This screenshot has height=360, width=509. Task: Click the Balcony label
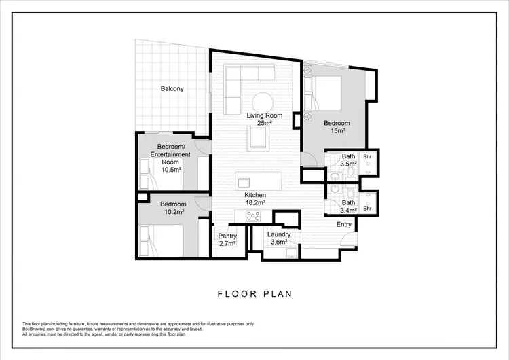click(172, 88)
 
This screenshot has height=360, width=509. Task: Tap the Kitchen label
click(255, 195)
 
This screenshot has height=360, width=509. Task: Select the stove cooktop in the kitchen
click(253, 215)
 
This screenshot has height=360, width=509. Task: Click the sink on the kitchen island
click(243, 182)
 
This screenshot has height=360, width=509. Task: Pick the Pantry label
click(227, 236)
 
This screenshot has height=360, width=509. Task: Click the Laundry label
click(279, 234)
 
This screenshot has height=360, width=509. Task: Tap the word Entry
click(344, 224)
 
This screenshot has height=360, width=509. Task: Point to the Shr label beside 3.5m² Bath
click(367, 156)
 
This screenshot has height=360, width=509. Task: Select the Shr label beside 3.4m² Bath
click(367, 209)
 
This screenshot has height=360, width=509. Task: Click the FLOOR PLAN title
click(254, 294)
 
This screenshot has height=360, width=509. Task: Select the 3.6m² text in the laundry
click(279, 242)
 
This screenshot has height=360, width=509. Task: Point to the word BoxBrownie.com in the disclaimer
click(39, 328)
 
